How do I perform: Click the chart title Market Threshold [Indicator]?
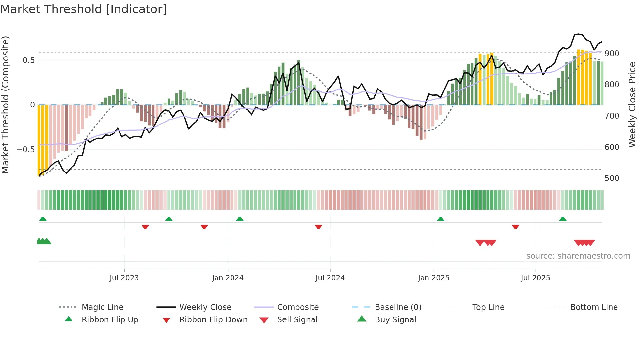pyautogui.click(x=84, y=9)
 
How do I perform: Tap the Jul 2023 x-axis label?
pyautogui.click(x=124, y=278)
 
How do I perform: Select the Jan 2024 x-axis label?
pyautogui.click(x=228, y=278)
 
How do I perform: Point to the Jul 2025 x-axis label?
pyautogui.click(x=536, y=278)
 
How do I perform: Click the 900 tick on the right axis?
pyautogui.click(x=612, y=53)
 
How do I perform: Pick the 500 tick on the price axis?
pyautogui.click(x=612, y=178)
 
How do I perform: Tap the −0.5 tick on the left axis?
pyautogui.click(x=26, y=150)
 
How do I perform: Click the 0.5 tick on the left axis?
pyautogui.click(x=28, y=60)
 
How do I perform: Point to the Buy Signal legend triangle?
pyautogui.click(x=362, y=319)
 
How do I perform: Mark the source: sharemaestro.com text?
pyautogui.click(x=578, y=256)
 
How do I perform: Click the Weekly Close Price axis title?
pyautogui.click(x=632, y=105)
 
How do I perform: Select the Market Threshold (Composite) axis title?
pyautogui.click(x=5, y=105)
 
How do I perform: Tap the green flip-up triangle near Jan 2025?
pyautogui.click(x=440, y=219)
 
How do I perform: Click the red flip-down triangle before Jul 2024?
pyautogui.click(x=318, y=227)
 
